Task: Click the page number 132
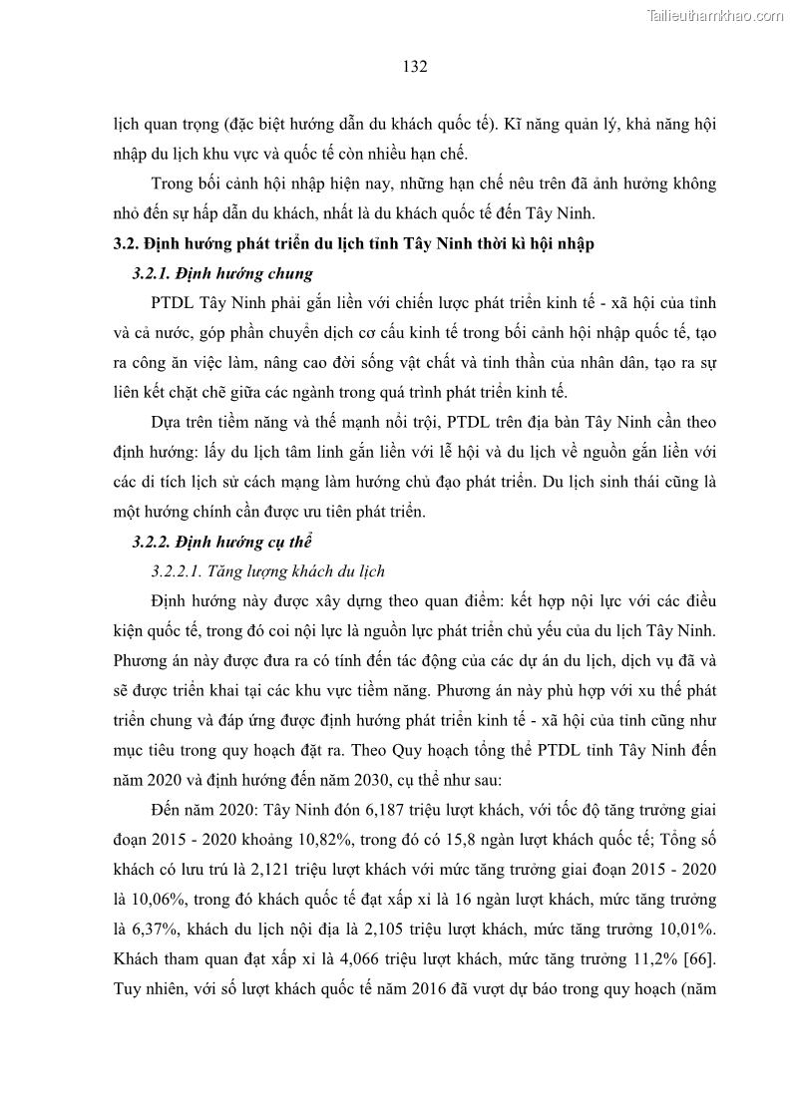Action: click(415, 67)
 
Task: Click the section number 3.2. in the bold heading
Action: click(128, 244)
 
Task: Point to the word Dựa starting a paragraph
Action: click(166, 422)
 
